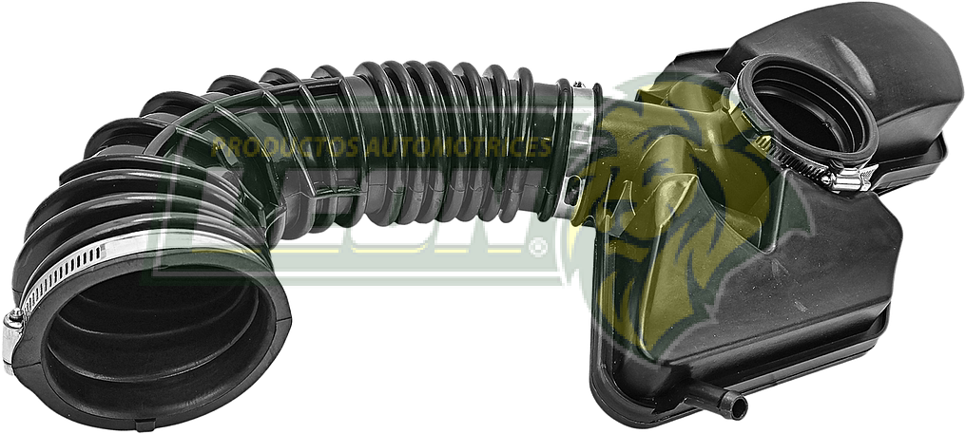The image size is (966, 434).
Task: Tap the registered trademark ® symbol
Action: coord(539,249)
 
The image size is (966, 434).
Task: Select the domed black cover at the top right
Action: coord(875,66)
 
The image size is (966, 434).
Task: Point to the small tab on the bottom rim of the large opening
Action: coord(142,425)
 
